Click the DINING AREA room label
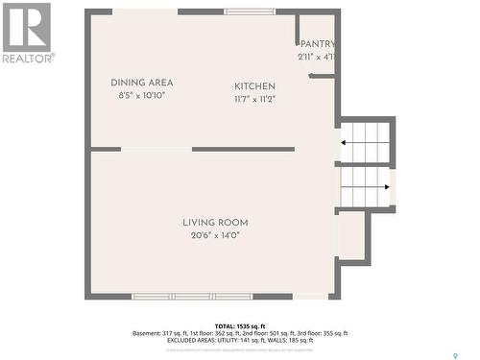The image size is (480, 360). tap(142, 83)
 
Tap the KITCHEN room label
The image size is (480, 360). tap(255, 86)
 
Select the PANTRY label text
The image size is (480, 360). tap(318, 44)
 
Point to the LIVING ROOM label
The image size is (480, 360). tap(215, 223)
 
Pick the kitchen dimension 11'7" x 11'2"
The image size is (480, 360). tap(255, 99)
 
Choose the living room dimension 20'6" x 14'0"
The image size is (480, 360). tap(215, 235)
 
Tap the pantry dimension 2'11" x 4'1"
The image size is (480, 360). tap(317, 57)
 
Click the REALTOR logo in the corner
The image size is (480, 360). tap(27, 32)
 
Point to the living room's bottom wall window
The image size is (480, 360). tap(192, 297)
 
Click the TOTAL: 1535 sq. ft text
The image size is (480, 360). tap(239, 326)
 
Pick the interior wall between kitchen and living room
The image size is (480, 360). tap(243, 149)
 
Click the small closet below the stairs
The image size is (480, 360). tap(351, 236)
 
